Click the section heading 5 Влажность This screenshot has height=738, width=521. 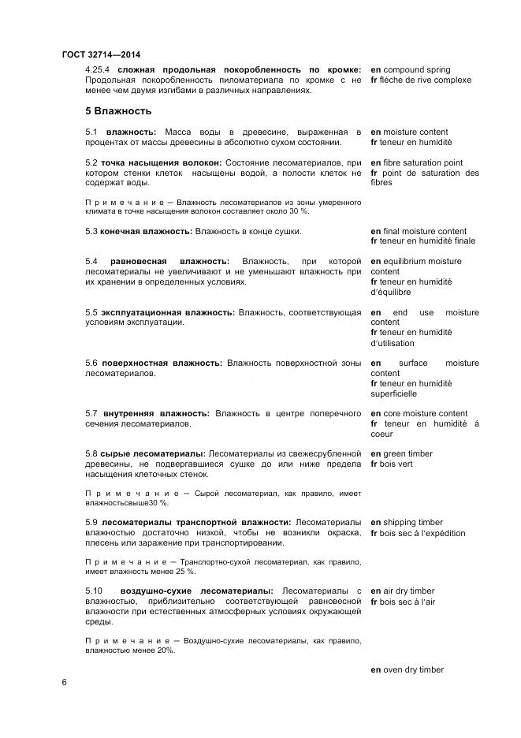tap(118, 110)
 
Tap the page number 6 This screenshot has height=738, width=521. tap(64, 682)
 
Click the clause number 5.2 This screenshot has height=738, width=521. tap(91, 162)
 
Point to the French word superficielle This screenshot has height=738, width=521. tap(393, 393)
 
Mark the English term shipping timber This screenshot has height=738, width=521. tap(412, 522)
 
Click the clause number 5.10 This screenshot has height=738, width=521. tap(94, 591)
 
